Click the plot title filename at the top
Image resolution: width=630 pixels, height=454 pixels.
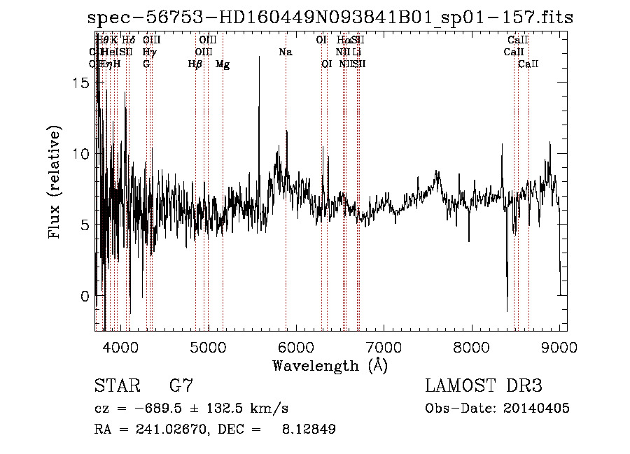coord(330,18)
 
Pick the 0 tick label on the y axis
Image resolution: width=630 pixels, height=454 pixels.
coord(84,296)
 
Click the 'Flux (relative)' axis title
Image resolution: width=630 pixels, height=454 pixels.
coord(55,182)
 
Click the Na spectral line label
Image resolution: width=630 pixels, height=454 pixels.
coord(285,52)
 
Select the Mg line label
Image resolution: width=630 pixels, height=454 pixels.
coord(223,64)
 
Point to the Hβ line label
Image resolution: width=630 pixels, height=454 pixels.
coord(195,64)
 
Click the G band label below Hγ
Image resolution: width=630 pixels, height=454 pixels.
coord(146,64)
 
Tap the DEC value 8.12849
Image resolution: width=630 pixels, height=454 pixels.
coord(308,430)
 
